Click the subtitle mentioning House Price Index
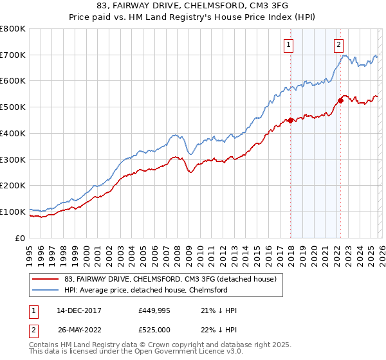pos(193,18)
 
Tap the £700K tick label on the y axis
pos(13,55)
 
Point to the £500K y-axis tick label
pos(13,107)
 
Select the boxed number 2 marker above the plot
pos(338,45)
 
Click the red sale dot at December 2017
pos(291,120)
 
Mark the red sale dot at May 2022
pos(341,100)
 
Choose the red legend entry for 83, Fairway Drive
pos(170,279)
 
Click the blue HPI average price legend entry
pos(146,290)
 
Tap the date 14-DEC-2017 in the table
pos(75,310)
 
